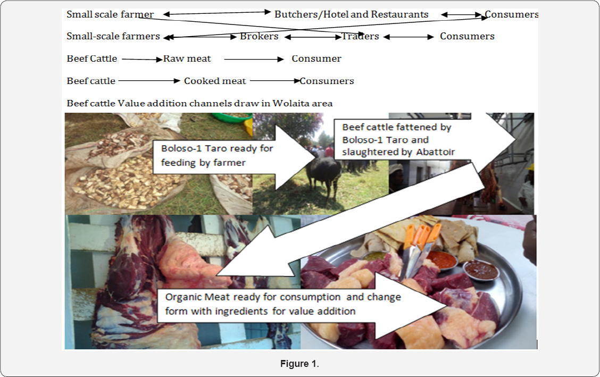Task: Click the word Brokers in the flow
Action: pos(259,36)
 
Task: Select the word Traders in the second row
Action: pos(360,36)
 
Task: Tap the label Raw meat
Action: pos(187,58)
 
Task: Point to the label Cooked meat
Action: pos(215,81)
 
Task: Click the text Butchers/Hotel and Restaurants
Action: pos(351,14)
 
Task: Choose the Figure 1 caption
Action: pos(299,364)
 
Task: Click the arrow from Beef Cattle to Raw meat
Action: pos(141,60)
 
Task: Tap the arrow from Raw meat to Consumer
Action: pos(254,60)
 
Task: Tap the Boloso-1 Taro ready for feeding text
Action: pos(217,155)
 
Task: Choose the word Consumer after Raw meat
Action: pos(316,58)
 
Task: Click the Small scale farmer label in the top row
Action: pos(110,14)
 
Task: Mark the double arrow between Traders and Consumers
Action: pos(409,37)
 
